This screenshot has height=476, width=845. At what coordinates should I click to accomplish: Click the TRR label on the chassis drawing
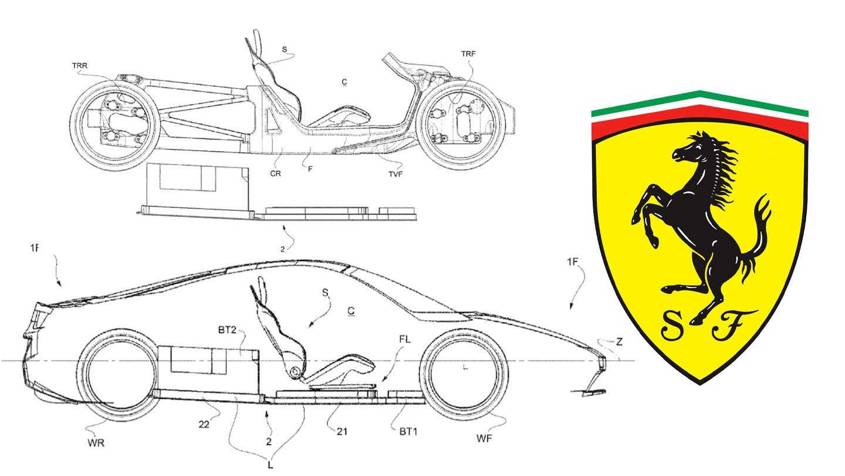(79, 66)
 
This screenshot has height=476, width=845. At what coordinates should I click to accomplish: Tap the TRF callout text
(468, 53)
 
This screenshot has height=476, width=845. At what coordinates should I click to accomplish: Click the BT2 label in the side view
(228, 330)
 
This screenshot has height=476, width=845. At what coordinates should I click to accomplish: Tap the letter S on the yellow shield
(671, 327)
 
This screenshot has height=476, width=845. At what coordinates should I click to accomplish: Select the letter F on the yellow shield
(726, 327)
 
